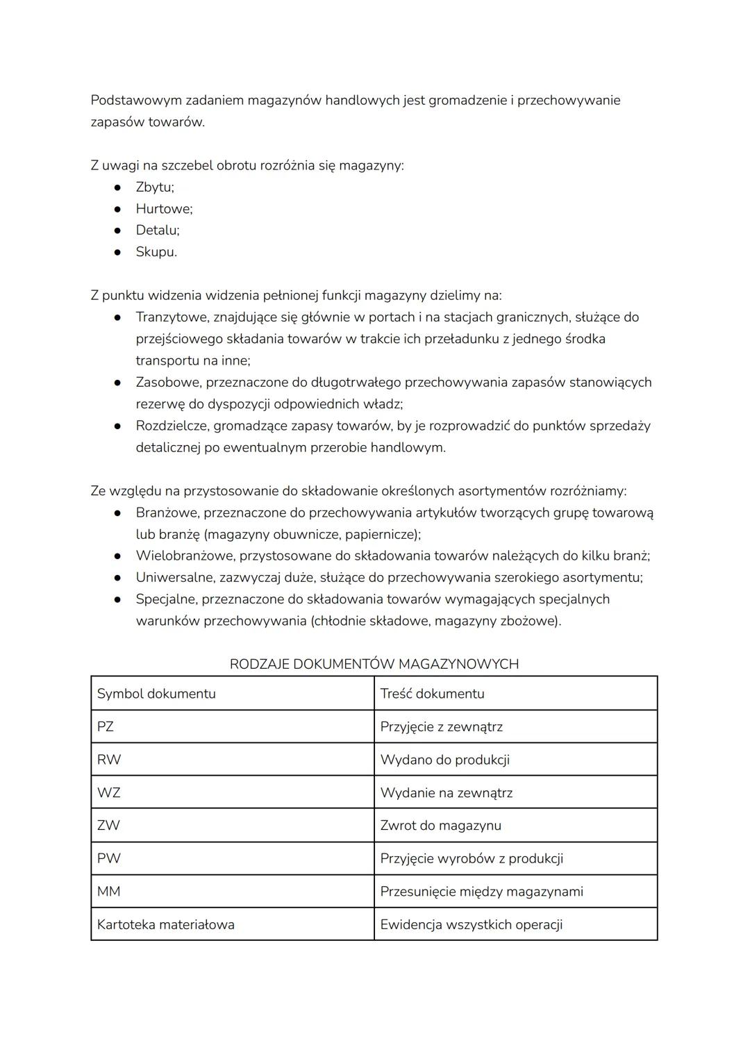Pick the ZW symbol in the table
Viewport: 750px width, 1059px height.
(x=108, y=826)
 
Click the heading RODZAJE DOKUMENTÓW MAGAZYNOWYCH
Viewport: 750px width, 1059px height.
(x=374, y=664)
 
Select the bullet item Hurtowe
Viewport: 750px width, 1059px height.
(x=164, y=208)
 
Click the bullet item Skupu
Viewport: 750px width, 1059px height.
(x=156, y=252)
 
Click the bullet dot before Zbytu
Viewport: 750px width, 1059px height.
(x=119, y=187)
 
